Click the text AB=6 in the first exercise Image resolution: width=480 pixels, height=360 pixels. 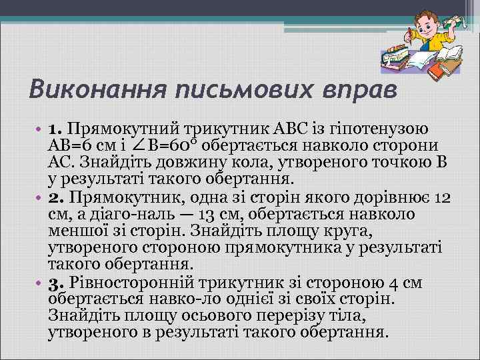[74, 145]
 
